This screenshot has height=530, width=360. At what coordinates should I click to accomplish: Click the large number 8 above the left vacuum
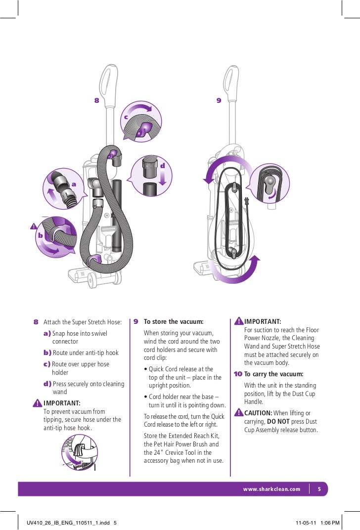pyautogui.click(x=97, y=100)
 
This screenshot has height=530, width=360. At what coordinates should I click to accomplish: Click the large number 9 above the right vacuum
pyautogui.click(x=219, y=100)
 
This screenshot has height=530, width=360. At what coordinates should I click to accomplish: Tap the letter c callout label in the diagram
pyautogui.click(x=126, y=117)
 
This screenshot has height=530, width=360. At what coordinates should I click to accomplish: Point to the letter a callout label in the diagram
pyautogui.click(x=75, y=184)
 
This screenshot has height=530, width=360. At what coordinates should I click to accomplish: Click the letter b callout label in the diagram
pyautogui.click(x=41, y=236)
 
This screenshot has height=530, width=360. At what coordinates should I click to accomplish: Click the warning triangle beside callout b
pyautogui.click(x=33, y=226)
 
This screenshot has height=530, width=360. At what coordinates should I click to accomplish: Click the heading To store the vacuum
pyautogui.click(x=173, y=322)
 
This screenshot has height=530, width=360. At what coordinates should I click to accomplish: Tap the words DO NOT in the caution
pyautogui.click(x=278, y=422)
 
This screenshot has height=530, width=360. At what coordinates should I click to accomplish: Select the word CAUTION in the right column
pyautogui.click(x=258, y=413)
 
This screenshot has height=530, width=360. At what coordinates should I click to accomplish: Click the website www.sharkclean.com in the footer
pyautogui.click(x=271, y=489)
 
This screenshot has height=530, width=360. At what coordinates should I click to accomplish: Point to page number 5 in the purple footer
pyautogui.click(x=319, y=489)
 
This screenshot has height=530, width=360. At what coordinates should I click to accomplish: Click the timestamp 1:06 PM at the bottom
pyautogui.click(x=330, y=522)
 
